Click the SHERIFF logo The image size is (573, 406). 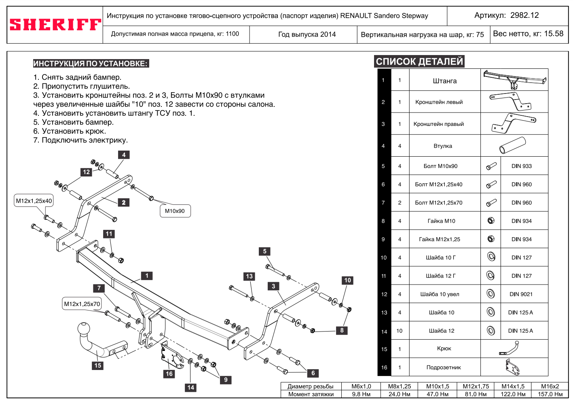click(x=55, y=25)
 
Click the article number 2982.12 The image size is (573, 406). click(x=524, y=15)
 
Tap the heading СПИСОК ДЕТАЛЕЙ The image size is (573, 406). click(x=419, y=62)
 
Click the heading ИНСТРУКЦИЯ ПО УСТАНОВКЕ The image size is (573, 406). click(x=91, y=64)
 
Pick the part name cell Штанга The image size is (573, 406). click(x=444, y=81)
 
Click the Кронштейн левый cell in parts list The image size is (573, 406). click(x=439, y=102)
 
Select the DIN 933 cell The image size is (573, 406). click(x=521, y=166)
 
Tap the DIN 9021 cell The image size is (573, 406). click(x=521, y=294)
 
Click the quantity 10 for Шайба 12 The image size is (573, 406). click(x=399, y=331)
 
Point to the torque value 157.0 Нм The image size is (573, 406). click(x=550, y=394)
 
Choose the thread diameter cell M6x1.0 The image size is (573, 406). click(x=361, y=387)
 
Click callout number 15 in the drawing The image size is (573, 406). click(x=98, y=366)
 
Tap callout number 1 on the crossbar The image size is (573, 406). click(x=147, y=276)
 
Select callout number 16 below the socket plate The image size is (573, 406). click(x=169, y=374)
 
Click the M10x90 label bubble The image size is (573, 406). click(x=175, y=211)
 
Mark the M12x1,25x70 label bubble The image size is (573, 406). click(x=82, y=304)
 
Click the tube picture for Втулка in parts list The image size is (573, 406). click(x=512, y=145)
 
